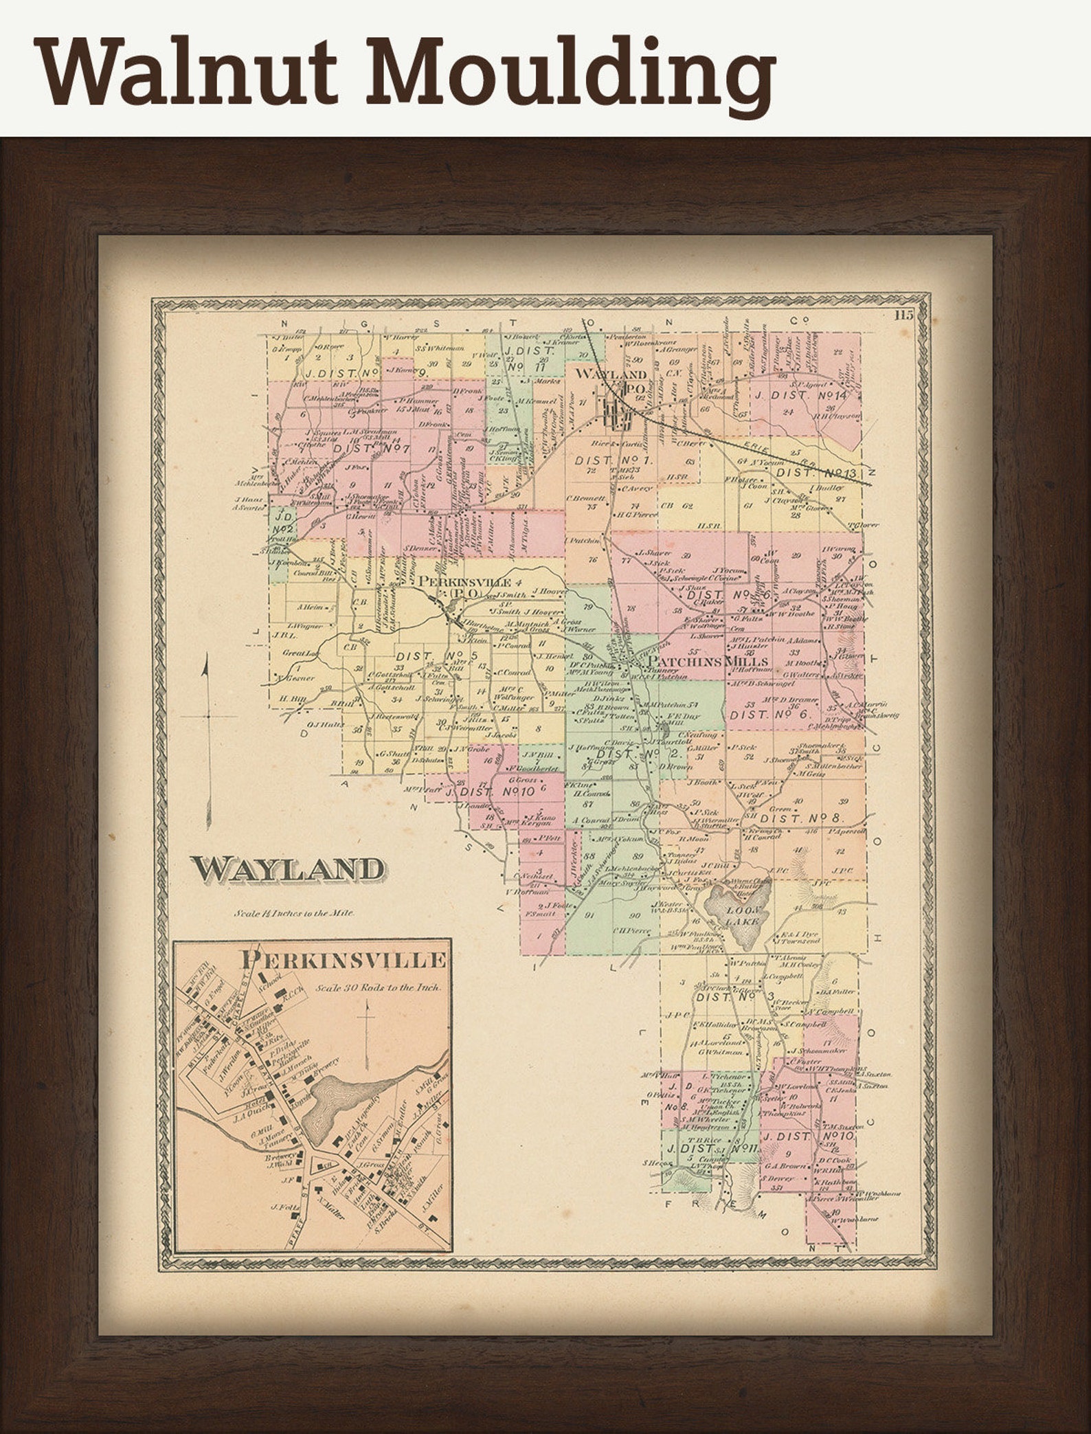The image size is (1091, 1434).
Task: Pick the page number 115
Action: (x=904, y=317)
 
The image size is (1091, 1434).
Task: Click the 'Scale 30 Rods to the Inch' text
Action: (x=379, y=987)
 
